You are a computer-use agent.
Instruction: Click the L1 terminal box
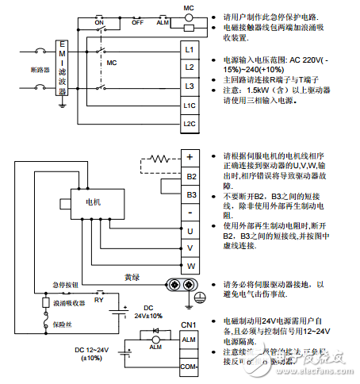click(189, 48)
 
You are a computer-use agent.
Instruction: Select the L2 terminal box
click(189, 67)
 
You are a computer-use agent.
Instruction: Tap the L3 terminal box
click(189, 86)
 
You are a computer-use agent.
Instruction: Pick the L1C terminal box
click(189, 106)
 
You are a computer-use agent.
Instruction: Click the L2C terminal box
click(189, 124)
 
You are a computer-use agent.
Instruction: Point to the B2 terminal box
click(191, 176)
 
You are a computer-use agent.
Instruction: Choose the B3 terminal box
click(191, 194)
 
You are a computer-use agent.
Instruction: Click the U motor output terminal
click(191, 230)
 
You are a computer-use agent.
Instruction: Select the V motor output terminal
click(191, 248)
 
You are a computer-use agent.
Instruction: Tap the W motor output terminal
click(191, 265)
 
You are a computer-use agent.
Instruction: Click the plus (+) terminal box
click(191, 158)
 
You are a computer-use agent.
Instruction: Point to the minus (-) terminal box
click(191, 212)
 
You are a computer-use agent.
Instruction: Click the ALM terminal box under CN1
click(189, 340)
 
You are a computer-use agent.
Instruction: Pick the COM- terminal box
click(189, 367)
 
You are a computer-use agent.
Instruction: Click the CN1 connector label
click(188, 324)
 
